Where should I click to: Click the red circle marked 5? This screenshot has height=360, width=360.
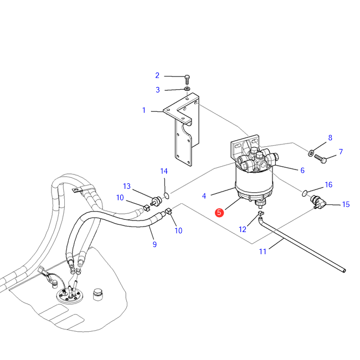(219, 212)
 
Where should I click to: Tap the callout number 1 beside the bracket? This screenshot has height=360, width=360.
(144, 110)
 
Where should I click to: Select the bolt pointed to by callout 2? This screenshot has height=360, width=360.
(187, 79)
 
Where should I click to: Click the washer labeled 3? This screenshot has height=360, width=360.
(187, 89)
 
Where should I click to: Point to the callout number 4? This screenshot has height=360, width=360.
(204, 196)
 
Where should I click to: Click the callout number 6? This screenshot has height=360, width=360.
(302, 170)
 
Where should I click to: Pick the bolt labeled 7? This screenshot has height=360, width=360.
(320, 158)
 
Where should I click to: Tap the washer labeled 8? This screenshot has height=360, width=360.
(311, 152)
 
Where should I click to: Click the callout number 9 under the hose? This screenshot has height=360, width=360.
(155, 244)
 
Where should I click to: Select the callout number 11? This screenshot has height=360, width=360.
(263, 251)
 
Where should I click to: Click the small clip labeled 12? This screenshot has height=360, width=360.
(261, 213)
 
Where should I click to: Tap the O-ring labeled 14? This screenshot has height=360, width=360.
(167, 196)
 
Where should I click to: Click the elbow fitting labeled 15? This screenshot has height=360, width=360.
(318, 202)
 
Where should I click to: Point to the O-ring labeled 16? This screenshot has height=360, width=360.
(304, 193)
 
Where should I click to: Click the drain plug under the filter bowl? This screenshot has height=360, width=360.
(261, 203)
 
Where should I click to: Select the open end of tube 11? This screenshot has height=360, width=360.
(344, 271)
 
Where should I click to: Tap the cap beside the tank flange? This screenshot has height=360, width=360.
(98, 294)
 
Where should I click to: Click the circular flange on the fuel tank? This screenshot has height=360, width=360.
(70, 296)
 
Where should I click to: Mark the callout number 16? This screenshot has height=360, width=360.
(328, 184)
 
